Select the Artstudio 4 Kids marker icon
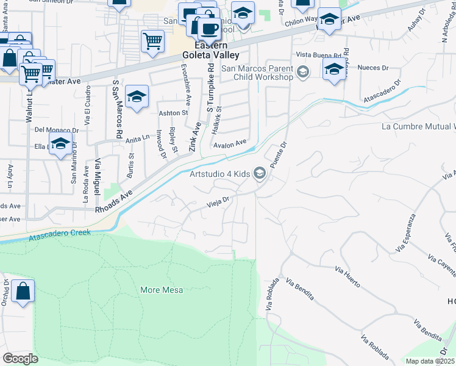point(260,174)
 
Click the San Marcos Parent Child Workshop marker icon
point(302,73)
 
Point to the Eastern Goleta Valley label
point(205,49)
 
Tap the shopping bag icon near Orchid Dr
point(23,292)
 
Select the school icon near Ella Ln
point(60,145)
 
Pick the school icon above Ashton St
point(137,96)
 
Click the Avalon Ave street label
point(230,145)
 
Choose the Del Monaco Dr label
point(57,130)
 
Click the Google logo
point(20,358)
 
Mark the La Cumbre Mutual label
point(418,127)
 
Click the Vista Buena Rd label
point(322,55)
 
